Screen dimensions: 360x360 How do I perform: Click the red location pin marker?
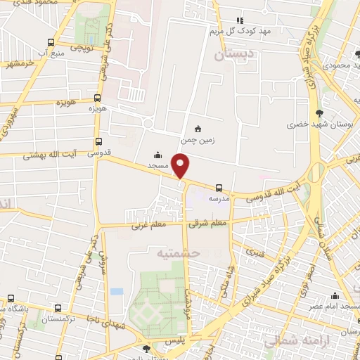pyautogui.click(x=181, y=166)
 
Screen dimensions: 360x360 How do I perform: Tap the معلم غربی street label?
pyautogui.click(x=146, y=226)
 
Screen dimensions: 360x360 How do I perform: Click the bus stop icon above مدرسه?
pyautogui.click(x=219, y=188)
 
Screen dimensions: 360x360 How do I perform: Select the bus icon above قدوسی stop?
pyautogui.click(x=98, y=141)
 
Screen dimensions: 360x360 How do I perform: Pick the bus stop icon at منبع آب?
pyautogui.click(x=50, y=41)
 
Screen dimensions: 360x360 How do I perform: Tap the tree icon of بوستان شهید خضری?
pyautogui.click(x=320, y=112)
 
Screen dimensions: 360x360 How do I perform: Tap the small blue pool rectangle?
pyautogui.click(x=117, y=291)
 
